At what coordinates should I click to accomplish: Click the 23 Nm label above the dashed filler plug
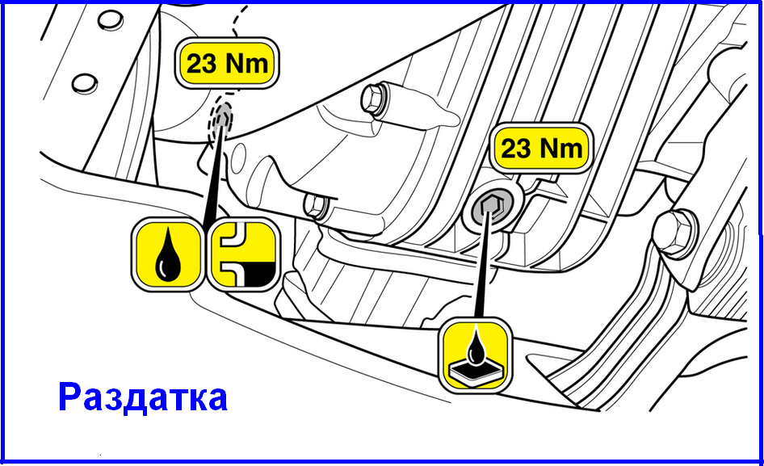point(227,63)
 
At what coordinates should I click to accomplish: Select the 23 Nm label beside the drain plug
point(541,148)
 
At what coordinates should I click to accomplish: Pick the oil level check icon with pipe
point(244,254)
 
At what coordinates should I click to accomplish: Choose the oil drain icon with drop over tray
point(475,355)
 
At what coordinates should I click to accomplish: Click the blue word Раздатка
point(143,398)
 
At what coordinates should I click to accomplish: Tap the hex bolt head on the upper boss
point(373,99)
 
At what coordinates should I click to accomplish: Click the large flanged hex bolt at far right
point(676,232)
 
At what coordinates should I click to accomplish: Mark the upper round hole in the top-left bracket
point(111,20)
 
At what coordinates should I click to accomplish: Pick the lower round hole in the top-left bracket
point(85,83)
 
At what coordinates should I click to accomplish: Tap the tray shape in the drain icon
point(475,372)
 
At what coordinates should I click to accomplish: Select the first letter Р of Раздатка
point(70,398)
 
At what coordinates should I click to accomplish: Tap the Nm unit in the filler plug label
point(246,63)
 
